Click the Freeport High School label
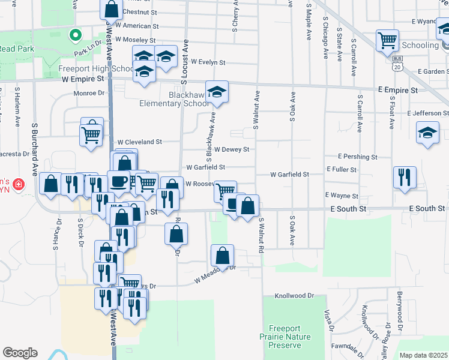pos(95,68)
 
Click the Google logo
pos(20,353)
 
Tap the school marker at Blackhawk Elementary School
pos(217,92)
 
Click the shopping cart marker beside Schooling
pos(388,41)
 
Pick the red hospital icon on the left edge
pos(19,184)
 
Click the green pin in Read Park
pos(75,35)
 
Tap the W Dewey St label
pos(231,149)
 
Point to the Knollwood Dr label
pos(294,296)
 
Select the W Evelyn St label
pos(208,62)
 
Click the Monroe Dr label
pos(89,93)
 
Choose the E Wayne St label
pos(342,196)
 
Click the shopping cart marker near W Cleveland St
pos(91,134)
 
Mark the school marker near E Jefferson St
pos(427,133)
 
